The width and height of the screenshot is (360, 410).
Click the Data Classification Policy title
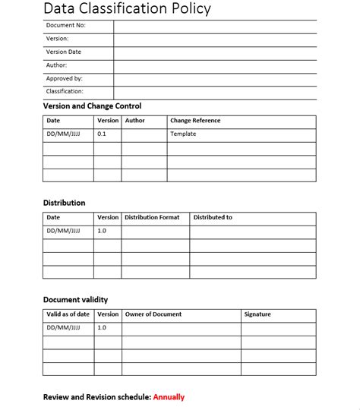pyautogui.click(x=127, y=9)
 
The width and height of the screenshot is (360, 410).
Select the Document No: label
pyautogui.click(x=66, y=25)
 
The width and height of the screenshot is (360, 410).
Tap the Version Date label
pyautogui.click(x=64, y=52)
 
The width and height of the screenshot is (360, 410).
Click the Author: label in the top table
pyautogui.click(x=57, y=65)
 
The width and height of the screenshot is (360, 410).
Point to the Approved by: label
pyautogui.click(x=65, y=78)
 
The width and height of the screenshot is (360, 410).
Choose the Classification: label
pyautogui.click(x=65, y=91)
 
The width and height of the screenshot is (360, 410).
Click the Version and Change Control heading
pyautogui.click(x=92, y=106)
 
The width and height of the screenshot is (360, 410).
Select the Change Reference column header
pyautogui.click(x=195, y=121)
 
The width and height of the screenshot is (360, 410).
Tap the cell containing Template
pyautogui.click(x=183, y=134)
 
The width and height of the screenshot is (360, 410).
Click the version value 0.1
pyautogui.click(x=102, y=134)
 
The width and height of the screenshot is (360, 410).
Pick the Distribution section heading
pyautogui.click(x=64, y=203)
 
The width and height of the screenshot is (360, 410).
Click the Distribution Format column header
pyautogui.click(x=152, y=217)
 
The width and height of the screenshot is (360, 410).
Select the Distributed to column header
pyautogui.click(x=213, y=217)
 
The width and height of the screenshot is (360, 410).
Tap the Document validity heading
pyautogui.click(x=75, y=300)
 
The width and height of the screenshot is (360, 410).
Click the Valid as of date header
pyautogui.click(x=68, y=314)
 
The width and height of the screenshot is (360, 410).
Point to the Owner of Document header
pyautogui.click(x=153, y=314)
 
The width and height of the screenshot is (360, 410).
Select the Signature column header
pyautogui.click(x=257, y=314)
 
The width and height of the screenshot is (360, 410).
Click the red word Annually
pyautogui.click(x=169, y=397)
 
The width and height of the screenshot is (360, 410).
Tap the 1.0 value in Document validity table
pyautogui.click(x=102, y=327)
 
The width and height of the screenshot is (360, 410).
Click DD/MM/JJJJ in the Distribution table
pyautogui.click(x=63, y=231)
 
